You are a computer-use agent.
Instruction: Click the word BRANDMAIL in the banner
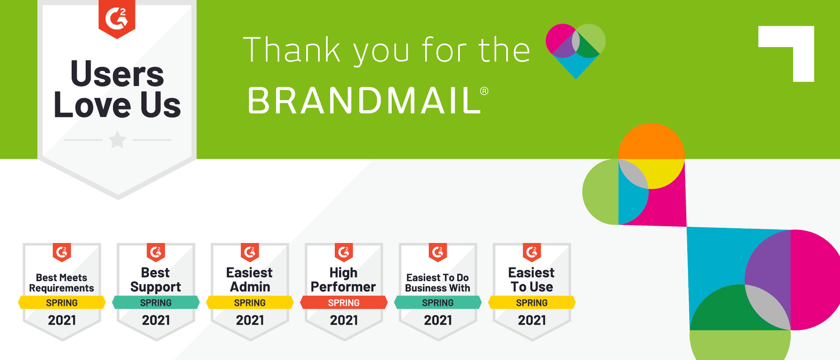364,100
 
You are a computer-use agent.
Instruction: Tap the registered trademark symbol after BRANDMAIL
484,91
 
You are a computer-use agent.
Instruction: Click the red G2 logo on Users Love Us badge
117,19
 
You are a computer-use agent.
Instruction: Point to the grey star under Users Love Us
118,140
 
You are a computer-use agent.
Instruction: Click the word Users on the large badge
117,74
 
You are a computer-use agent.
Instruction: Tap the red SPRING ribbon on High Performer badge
344,302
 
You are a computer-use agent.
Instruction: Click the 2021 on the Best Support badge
156,320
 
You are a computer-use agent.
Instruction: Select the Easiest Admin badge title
250,279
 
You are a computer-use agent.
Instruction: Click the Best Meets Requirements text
61,283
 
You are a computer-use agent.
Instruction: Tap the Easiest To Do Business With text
438,283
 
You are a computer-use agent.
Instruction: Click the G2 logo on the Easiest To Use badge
532,252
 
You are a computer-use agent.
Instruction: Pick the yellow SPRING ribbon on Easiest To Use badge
532,302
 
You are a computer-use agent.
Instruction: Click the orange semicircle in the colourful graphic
652,141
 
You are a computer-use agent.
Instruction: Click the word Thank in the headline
292,49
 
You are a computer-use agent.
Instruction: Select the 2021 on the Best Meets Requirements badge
62,320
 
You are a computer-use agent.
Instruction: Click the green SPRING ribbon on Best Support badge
156,302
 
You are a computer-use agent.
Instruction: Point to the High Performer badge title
343,280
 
